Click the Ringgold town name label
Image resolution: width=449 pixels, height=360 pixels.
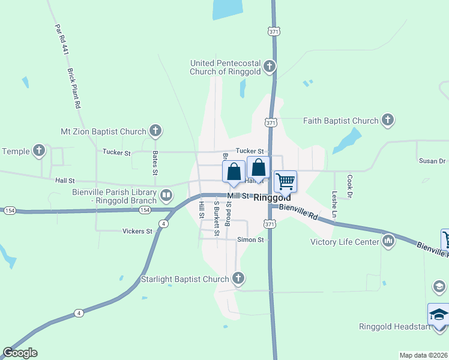pos(272,197)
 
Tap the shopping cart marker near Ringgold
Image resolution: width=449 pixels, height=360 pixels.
pos(286,181)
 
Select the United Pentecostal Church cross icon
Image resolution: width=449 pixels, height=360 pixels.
pos(270,66)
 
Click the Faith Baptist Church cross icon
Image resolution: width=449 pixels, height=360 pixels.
pos(388,121)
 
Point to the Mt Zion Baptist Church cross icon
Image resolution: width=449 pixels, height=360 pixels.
pos(155,131)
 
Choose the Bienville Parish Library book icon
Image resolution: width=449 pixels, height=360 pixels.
pos(166,194)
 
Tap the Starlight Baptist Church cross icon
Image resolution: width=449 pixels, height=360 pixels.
pos(238,278)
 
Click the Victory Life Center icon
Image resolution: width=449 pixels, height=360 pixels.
pos(388,242)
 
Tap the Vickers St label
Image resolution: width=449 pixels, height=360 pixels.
pos(137,231)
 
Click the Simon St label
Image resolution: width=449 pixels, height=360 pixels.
pos(250,240)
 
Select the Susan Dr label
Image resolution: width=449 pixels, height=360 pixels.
pos(432,161)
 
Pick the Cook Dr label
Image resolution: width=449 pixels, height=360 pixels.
pos(349,188)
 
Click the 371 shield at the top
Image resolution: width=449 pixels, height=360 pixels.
pos(274,30)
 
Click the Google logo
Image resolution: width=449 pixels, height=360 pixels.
pos(20,353)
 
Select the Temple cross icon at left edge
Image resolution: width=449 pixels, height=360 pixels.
pos(40,151)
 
